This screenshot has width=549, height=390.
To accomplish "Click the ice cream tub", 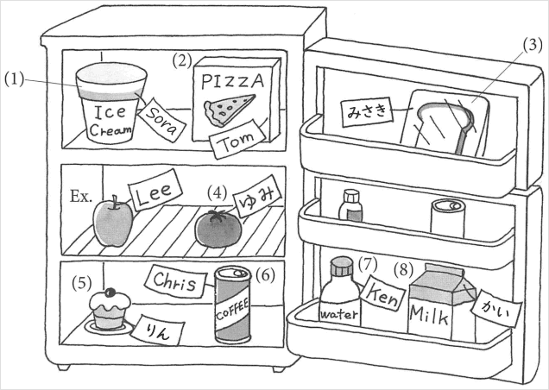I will [109, 107].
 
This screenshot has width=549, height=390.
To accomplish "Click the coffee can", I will [232, 305].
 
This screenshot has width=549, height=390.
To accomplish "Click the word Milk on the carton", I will [429, 313].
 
